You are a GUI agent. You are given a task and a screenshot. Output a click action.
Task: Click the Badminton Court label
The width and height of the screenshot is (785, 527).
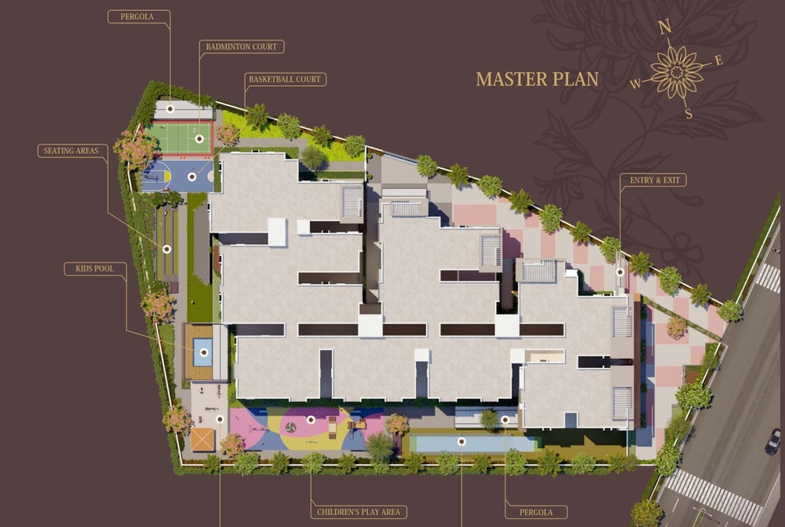click(x=242, y=46)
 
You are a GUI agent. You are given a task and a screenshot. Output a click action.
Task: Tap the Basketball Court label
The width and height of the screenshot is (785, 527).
click(x=285, y=79)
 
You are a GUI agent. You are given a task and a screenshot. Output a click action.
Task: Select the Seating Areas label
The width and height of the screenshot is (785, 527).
click(x=71, y=151)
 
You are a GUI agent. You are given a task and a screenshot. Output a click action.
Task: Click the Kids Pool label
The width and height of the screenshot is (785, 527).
click(x=95, y=269)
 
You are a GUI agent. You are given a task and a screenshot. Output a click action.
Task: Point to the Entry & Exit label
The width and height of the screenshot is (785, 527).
click(x=655, y=181)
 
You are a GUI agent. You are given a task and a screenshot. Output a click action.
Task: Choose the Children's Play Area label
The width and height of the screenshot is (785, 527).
click(x=358, y=512)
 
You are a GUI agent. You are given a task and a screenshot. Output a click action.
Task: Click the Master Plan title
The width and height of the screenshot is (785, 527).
click(x=537, y=79)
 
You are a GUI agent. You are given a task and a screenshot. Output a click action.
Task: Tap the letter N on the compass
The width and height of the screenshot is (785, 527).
click(x=664, y=27)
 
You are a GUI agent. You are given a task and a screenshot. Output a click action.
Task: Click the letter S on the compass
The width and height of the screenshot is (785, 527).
click(x=689, y=113)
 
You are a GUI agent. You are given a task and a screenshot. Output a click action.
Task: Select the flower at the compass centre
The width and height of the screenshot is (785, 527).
click(x=677, y=72)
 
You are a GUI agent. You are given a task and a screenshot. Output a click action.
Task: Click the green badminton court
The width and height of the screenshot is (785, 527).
click(x=178, y=138)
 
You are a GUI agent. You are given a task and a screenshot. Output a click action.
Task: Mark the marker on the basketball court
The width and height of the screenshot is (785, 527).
click(x=192, y=177)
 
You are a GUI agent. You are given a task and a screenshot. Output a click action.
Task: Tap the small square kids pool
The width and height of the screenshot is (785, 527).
click(x=203, y=352)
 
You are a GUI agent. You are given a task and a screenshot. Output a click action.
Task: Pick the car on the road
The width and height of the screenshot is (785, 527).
click(x=773, y=442)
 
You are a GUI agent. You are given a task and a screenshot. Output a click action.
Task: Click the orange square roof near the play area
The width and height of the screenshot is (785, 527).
click(x=203, y=439)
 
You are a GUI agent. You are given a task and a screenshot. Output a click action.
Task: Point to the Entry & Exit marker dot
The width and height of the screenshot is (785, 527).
click(x=620, y=272)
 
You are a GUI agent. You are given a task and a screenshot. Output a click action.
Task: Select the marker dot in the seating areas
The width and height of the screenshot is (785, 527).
click(x=166, y=249)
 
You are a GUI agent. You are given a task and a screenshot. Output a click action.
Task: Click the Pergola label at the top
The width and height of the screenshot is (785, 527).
click(x=137, y=17)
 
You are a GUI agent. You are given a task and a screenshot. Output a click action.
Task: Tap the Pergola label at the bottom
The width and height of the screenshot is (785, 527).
click(x=536, y=512)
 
